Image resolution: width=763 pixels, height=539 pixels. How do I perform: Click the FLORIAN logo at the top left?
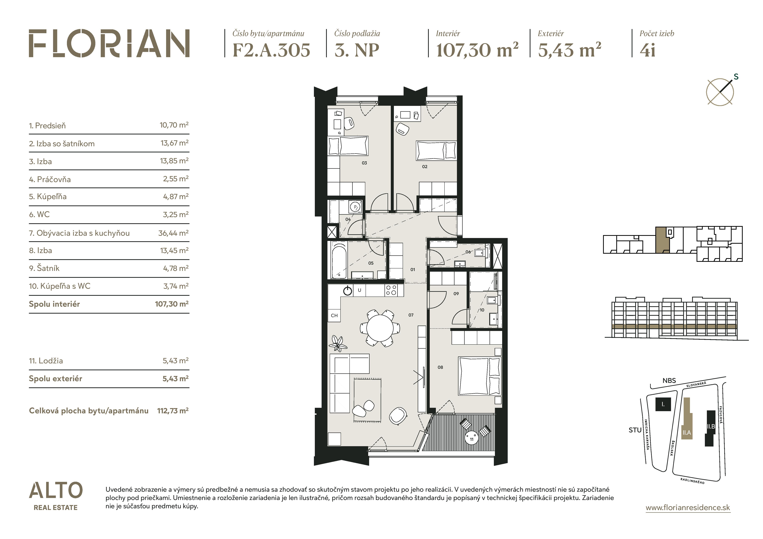[109, 43]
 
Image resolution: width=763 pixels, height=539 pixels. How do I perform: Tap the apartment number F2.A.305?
[271, 50]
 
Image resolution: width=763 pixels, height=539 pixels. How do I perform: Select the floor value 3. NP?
[357, 50]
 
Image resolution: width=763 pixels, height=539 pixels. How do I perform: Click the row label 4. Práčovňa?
[50, 179]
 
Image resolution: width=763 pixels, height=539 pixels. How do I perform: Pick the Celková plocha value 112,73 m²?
[173, 411]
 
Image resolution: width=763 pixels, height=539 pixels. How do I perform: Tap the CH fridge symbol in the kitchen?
[334, 315]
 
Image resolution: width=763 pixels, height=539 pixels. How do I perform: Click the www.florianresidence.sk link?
[688, 508]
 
